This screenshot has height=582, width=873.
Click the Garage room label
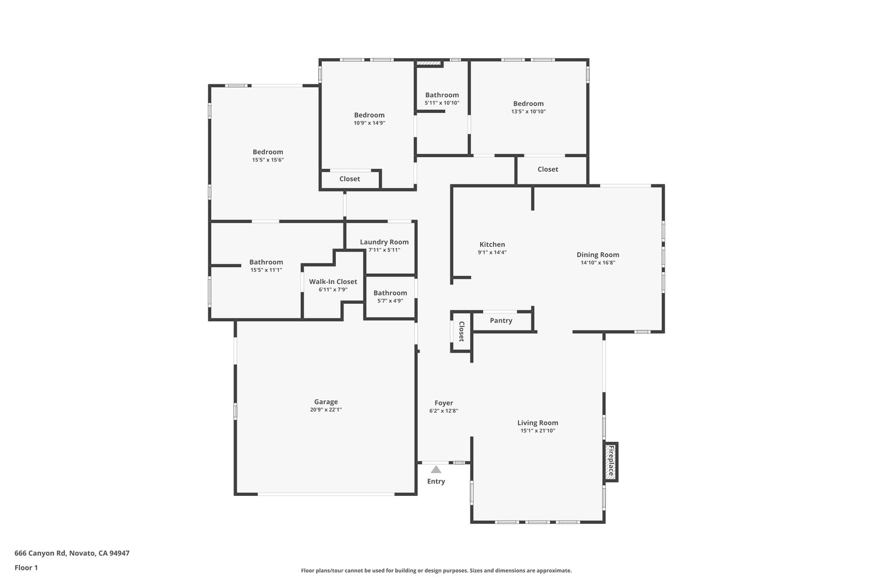326,402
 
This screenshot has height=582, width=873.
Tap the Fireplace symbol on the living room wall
611,462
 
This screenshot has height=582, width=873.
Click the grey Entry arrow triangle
436,469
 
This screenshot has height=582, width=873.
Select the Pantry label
501,321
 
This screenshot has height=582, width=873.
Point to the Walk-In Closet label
333,282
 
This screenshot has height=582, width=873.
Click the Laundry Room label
384,242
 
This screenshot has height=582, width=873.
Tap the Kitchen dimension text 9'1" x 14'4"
492,252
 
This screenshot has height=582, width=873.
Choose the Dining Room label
598,255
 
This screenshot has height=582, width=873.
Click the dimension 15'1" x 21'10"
538,431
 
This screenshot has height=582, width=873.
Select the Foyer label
444,403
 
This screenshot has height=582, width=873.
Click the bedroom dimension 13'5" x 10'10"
528,112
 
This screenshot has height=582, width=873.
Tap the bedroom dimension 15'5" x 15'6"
268,160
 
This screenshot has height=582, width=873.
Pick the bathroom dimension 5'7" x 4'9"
390,301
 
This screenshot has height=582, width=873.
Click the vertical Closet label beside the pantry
462,331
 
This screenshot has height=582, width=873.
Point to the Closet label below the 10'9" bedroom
350,179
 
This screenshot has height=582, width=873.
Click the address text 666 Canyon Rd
40,553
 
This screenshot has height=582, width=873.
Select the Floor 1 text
26,567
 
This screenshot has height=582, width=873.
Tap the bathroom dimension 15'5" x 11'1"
266,270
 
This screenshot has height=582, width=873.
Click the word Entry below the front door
436,481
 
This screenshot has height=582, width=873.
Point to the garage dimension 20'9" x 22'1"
326,410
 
